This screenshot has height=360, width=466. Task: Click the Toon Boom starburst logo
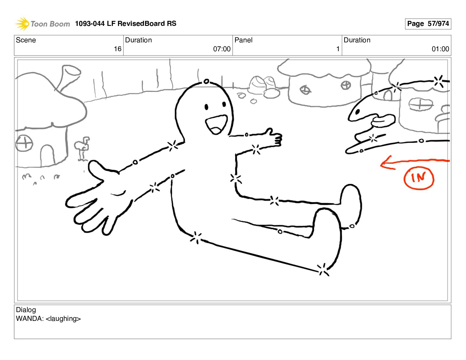[22, 24]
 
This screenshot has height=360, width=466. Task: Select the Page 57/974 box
[428, 24]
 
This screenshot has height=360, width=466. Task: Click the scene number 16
[117, 49]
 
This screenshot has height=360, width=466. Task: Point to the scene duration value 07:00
[222, 49]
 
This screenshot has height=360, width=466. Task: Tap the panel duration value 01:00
[440, 49]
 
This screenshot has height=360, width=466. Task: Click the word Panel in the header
[243, 40]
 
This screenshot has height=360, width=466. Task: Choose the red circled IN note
[419, 178]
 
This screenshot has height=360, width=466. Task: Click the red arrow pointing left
[415, 163]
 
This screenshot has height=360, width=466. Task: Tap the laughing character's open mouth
[216, 125]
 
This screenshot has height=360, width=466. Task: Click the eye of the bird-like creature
[357, 112]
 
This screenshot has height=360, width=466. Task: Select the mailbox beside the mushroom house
[82, 148]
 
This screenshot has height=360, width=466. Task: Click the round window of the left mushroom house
[24, 143]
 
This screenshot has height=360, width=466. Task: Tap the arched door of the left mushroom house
[47, 155]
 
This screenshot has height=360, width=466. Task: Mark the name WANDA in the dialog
[30, 319]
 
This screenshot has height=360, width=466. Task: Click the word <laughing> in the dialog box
[63, 319]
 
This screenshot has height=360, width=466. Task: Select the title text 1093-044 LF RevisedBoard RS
[126, 24]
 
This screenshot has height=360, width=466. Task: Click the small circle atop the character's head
[206, 81]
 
